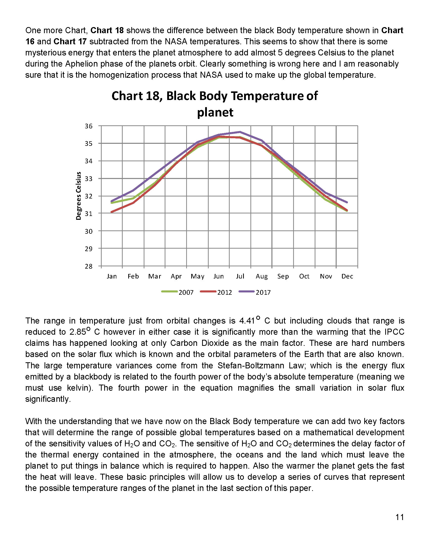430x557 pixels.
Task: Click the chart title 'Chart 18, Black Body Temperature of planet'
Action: pyautogui.click(x=215, y=104)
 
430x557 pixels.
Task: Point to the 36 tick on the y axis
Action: pyautogui.click(x=88, y=126)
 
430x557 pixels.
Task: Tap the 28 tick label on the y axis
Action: pyautogui.click(x=88, y=266)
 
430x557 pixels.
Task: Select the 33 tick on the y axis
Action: pyautogui.click(x=88, y=178)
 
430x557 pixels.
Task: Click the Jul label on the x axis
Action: pyautogui.click(x=240, y=276)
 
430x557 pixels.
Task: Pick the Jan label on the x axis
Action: pyautogui.click(x=112, y=276)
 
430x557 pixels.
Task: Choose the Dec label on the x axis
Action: pyautogui.click(x=347, y=276)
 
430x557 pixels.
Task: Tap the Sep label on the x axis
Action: pyautogui.click(x=283, y=276)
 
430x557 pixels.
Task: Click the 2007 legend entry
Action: pyautogui.click(x=186, y=292)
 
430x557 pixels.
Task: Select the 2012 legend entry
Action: pyautogui.click(x=224, y=292)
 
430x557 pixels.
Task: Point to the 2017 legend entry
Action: pyautogui.click(x=263, y=292)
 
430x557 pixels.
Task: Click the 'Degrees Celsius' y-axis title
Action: pyautogui.click(x=79, y=196)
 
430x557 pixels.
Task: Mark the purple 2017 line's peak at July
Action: pyautogui.click(x=240, y=132)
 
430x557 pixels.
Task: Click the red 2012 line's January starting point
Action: pyautogui.click(x=112, y=212)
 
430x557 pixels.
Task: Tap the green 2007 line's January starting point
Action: pyautogui.click(x=112, y=203)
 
